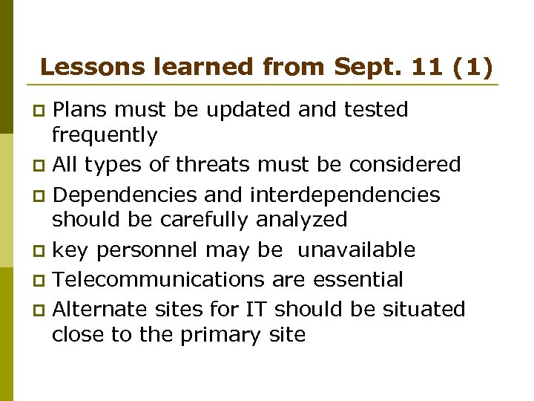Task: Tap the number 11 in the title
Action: pyautogui.click(x=423, y=68)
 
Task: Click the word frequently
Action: pyautogui.click(x=105, y=136)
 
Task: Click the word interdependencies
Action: pyautogui.click(x=345, y=195)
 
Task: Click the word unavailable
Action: pyautogui.click(x=356, y=251)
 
